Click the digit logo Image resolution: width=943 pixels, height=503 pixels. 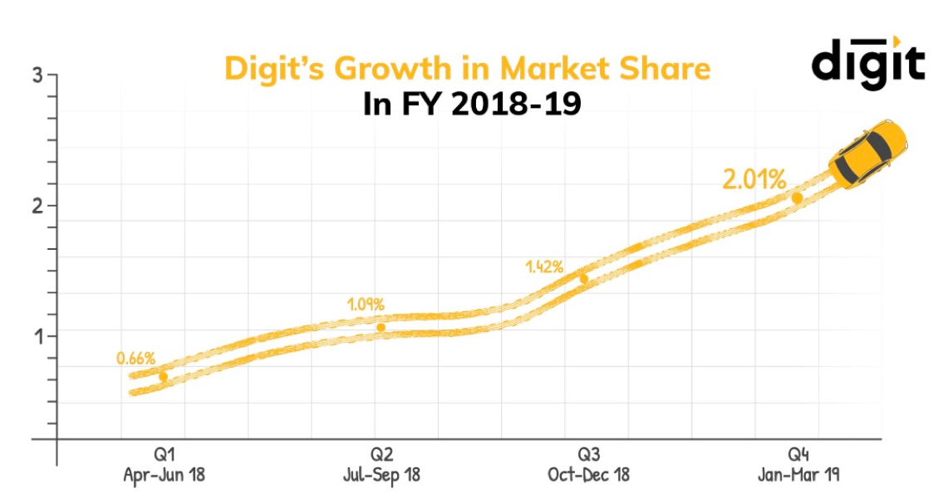(x=867, y=62)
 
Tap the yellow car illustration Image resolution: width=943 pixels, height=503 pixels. (x=867, y=154)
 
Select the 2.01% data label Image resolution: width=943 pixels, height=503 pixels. (x=754, y=179)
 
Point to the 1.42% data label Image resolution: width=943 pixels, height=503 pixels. (x=544, y=267)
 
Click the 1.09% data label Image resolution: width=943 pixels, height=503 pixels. (x=366, y=305)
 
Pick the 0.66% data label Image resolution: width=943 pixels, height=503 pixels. (x=135, y=359)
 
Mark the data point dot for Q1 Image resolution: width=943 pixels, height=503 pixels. (x=163, y=377)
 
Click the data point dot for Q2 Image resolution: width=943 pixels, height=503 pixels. (x=381, y=327)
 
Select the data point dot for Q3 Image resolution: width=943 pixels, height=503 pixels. (x=583, y=279)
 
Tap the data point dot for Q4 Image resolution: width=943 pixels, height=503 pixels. (x=797, y=198)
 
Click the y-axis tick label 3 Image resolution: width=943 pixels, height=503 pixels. (x=37, y=76)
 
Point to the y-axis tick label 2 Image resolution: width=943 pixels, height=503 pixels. (x=37, y=205)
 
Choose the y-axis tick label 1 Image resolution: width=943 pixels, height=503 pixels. (x=37, y=335)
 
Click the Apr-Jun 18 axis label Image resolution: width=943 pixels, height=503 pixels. (x=164, y=476)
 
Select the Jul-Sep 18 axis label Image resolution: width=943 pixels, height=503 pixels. (x=381, y=476)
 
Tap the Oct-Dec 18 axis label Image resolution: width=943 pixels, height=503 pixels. (x=588, y=476)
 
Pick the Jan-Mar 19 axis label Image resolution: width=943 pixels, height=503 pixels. (x=798, y=476)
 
